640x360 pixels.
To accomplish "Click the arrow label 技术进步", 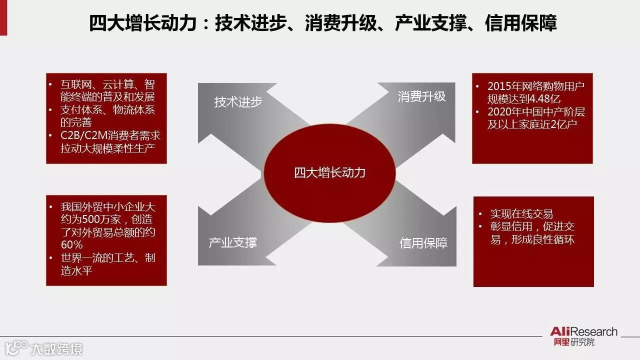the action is click(238, 101).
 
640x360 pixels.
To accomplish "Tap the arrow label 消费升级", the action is click(421, 96).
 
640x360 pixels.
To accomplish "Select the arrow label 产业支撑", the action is click(232, 243).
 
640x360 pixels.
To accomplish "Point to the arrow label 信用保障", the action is click(423, 243).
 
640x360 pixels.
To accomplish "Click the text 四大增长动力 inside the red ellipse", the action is click(330, 173).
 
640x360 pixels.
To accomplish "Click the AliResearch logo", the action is click(583, 332).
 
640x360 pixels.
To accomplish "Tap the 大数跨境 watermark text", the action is click(56, 348).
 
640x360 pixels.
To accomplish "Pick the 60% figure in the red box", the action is click(72, 245).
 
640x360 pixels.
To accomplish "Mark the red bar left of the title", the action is click(3, 17).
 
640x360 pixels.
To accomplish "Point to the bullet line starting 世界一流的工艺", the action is click(107, 258).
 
